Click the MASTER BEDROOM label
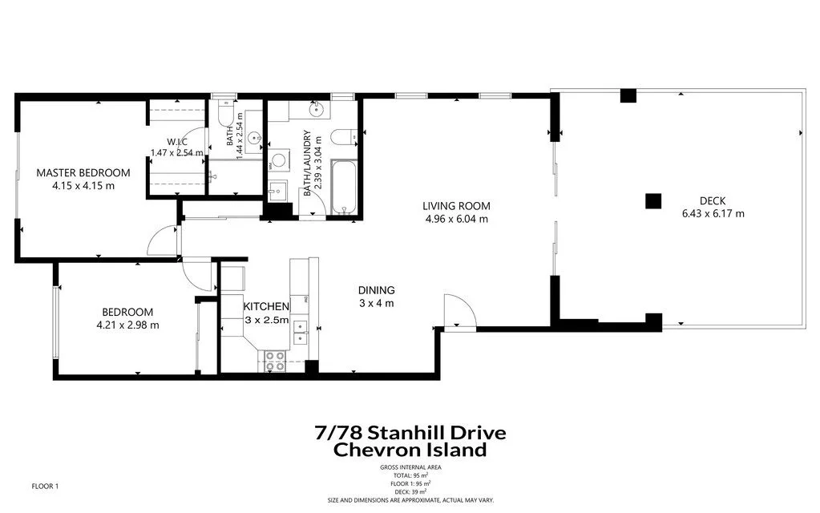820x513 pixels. click(83, 172)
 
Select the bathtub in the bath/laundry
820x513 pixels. click(345, 188)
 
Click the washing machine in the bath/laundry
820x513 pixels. click(279, 161)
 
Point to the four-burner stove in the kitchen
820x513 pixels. click(275, 361)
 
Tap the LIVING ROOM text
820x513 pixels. click(456, 206)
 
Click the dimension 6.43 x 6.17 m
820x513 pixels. click(713, 214)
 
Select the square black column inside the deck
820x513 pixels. click(653, 201)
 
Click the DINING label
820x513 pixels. click(376, 290)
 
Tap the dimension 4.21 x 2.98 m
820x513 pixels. click(127, 325)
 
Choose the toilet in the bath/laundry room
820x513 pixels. click(343, 137)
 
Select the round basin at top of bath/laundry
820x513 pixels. click(318, 108)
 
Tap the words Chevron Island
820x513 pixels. click(410, 450)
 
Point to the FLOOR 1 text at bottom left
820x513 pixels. click(45, 486)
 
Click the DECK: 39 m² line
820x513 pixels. click(410, 491)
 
